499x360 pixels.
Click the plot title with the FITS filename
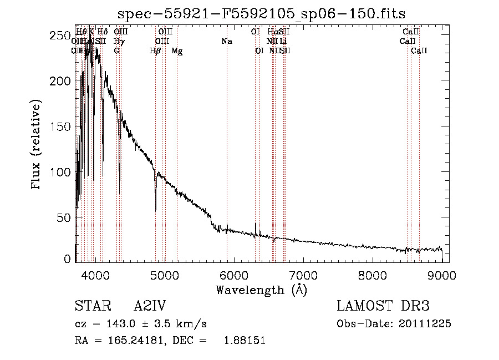point(262,15)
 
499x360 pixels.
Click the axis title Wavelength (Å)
point(261,290)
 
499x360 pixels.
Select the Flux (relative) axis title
point(37,146)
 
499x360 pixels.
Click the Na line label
point(226,42)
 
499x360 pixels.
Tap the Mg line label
point(177,51)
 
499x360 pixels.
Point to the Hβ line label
point(156,51)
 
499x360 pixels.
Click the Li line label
point(283,42)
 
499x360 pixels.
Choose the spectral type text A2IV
point(150,306)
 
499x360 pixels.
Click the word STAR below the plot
point(91,306)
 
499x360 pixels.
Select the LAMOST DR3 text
point(383,306)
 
